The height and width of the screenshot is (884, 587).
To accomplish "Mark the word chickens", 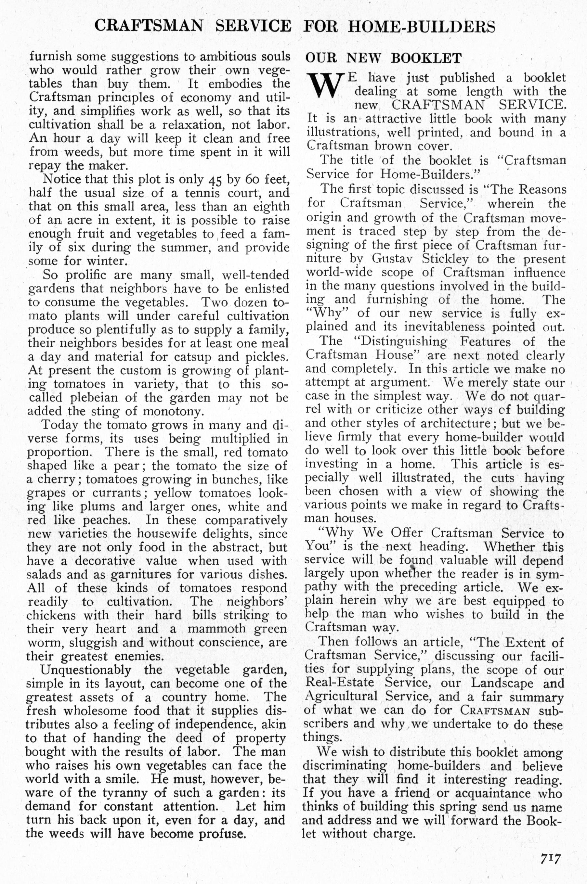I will (51, 615).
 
